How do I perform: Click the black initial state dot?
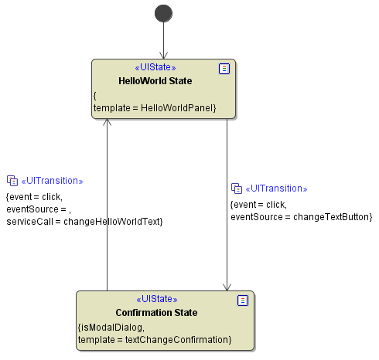pos(163,13)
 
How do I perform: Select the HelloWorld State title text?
pos(155,81)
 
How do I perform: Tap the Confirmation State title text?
pos(156,313)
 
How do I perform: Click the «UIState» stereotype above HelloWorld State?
pos(155,67)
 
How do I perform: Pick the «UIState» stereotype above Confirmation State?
pos(157,299)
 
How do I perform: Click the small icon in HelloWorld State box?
pos(224,69)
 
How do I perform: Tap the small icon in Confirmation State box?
pos(243,301)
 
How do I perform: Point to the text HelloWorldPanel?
pos(177,108)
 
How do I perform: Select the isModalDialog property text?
pos(111,328)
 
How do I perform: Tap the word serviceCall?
pos(29,222)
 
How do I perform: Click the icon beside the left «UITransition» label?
pos(12,181)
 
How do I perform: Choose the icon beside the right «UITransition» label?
pos(237,188)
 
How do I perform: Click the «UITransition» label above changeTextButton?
pos(276,188)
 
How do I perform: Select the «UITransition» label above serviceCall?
pos(52,181)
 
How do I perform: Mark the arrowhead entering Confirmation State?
pos(227,288)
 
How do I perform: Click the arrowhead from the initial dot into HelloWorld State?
pos(163,56)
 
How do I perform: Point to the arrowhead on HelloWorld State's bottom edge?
pos(107,122)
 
